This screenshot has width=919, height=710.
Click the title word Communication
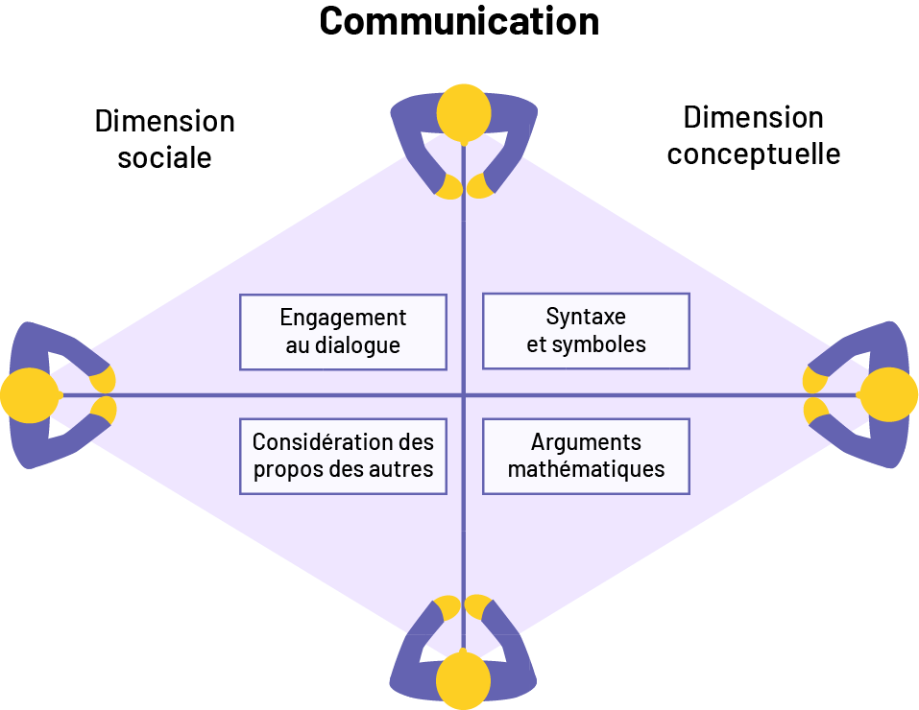click(459, 21)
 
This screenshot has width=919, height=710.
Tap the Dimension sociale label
click(164, 139)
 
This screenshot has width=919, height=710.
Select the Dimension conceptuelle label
click(754, 135)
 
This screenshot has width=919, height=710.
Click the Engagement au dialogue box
click(343, 332)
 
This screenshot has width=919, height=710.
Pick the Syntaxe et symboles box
click(586, 331)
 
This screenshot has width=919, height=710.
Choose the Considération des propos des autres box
click(343, 456)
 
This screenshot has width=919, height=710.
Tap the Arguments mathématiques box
click(586, 456)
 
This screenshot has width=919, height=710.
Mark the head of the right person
click(887, 395)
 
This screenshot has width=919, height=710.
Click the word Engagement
click(343, 319)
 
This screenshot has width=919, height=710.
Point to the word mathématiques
click(586, 469)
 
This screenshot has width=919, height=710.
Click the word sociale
click(164, 157)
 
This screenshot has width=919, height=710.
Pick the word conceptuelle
click(754, 154)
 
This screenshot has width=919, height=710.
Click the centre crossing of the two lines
click(464, 395)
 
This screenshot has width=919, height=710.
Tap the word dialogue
click(355, 345)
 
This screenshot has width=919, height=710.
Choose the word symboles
click(598, 344)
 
